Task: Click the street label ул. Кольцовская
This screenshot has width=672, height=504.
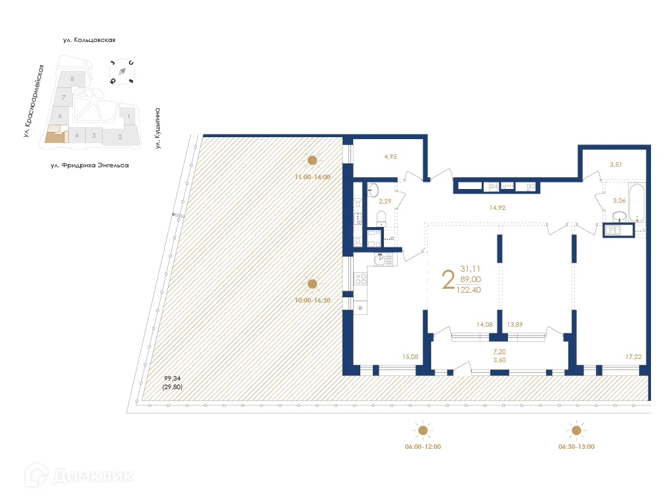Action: [x=89, y=41]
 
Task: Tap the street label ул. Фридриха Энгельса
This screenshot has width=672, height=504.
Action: [x=89, y=166]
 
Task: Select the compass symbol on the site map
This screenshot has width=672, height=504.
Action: [x=122, y=72]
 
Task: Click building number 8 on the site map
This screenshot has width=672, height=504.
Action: [x=72, y=79]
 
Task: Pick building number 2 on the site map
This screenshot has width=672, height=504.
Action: [x=120, y=136]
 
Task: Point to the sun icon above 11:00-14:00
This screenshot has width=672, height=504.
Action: [x=312, y=159]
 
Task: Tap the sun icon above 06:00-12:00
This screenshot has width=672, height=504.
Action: [x=423, y=430]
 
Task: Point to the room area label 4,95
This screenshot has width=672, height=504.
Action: [x=392, y=157]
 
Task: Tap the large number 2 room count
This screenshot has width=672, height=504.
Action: [x=448, y=280]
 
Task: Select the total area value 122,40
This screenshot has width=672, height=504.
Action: [x=471, y=289]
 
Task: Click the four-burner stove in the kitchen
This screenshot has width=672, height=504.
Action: [x=361, y=279]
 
